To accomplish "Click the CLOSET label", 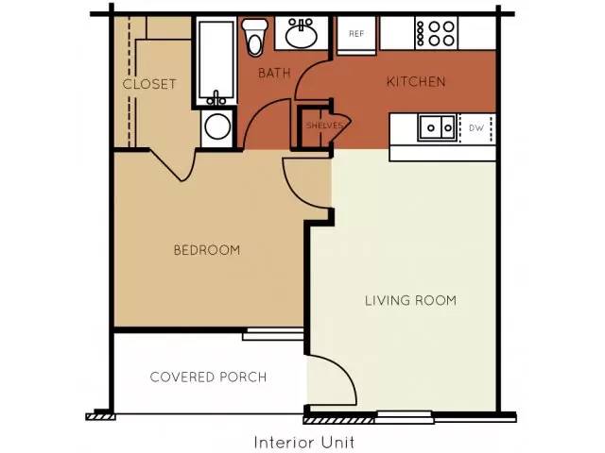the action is coord(149,84).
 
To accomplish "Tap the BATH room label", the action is coord(274,73).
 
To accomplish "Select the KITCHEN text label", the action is coord(416,82).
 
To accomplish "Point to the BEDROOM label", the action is coord(207,250).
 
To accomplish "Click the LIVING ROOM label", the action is coord(410,300).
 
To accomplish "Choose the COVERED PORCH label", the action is coord(208,377).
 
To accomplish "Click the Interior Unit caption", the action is coord(304,443).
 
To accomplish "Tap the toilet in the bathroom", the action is coord(254,38).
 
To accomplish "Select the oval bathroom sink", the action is coord(302,34).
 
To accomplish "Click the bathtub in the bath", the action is coord(216,61).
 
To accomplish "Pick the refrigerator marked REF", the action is coord(356,35).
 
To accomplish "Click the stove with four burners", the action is coord(437,33).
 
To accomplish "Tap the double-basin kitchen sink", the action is coord(437,127).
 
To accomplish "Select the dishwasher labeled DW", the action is coord(476,128).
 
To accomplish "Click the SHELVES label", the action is coord(324,126).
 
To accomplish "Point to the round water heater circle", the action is coord(217,126).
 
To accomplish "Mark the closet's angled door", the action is coord(170,166).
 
